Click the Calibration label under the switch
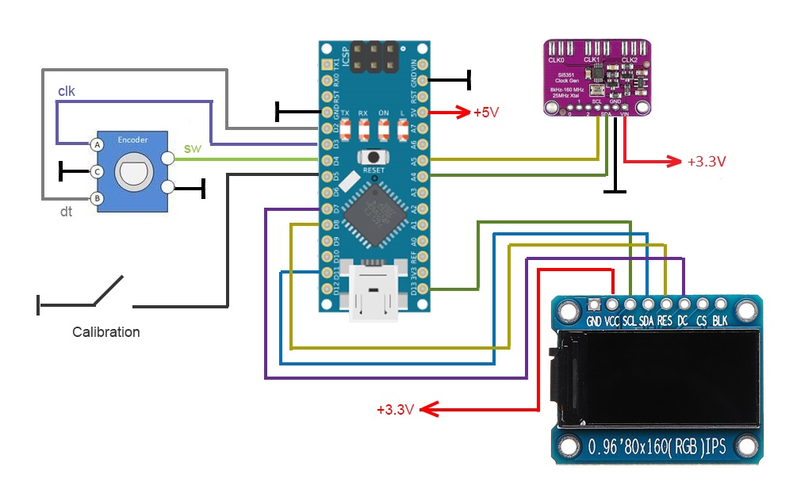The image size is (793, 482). [x=106, y=332]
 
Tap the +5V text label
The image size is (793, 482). [x=486, y=112]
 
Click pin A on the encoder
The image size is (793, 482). [x=97, y=145]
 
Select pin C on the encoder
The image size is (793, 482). [x=97, y=171]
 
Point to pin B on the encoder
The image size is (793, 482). [x=97, y=197]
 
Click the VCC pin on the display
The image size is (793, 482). [x=612, y=304]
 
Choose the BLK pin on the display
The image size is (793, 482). [x=720, y=304]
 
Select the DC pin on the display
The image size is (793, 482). [x=684, y=304]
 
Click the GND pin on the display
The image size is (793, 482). [x=594, y=304]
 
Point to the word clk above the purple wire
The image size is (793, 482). [x=67, y=91]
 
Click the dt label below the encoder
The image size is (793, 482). [x=67, y=212]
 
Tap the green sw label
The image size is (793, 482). [x=191, y=148]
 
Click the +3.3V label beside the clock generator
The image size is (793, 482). [x=707, y=161]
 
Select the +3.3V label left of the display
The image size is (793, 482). [x=395, y=410]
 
